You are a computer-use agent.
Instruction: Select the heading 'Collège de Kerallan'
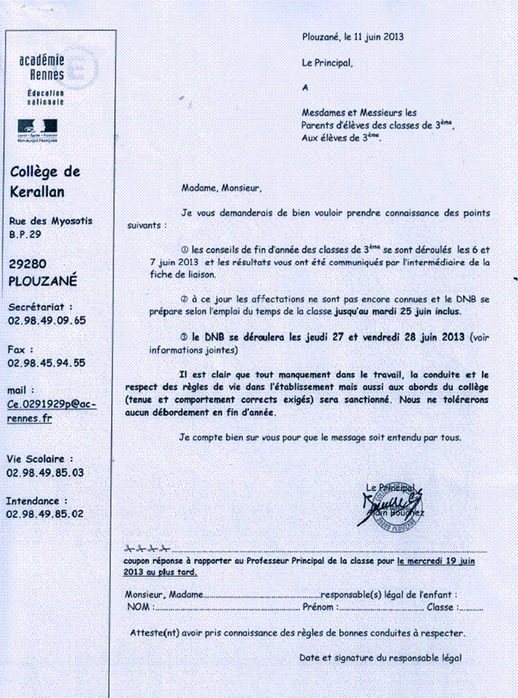(x=44, y=181)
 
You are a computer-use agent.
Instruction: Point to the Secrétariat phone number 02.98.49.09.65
(x=46, y=320)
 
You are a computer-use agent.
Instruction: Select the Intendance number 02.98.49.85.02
(x=44, y=514)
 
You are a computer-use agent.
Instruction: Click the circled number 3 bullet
(x=185, y=337)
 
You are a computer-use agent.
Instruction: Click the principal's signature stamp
(x=390, y=505)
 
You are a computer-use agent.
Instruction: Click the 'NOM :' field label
(x=139, y=607)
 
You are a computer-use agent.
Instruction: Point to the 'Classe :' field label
(x=441, y=607)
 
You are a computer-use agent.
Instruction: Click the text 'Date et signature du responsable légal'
(x=380, y=658)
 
